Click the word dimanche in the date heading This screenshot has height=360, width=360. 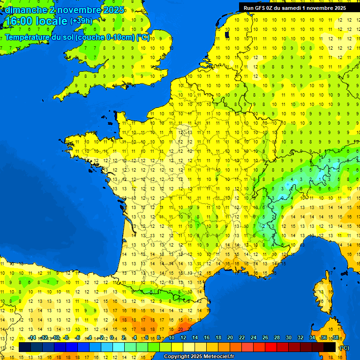pyautogui.click(x=24, y=10)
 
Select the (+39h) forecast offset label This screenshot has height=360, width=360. pyautogui.click(x=81, y=21)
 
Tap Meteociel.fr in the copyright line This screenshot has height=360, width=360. pyautogui.click(x=214, y=357)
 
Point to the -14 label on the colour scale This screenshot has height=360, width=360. pyautogui.click(x=32, y=338)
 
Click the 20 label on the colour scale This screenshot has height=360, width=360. pyautogui.click(x=230, y=338)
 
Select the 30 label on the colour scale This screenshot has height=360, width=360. pyautogui.click(x=288, y=338)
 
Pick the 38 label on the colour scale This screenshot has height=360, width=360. pyautogui.click(x=335, y=338)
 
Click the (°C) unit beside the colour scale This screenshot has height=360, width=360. pyautogui.click(x=344, y=347)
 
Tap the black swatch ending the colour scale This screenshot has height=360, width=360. pyautogui.click(x=330, y=347)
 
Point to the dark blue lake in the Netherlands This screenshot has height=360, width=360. pyautogui.click(x=227, y=34)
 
